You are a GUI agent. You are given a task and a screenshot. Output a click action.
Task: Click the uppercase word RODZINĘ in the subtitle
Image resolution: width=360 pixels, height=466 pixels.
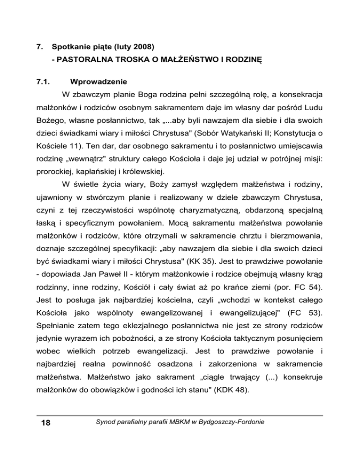[242, 60]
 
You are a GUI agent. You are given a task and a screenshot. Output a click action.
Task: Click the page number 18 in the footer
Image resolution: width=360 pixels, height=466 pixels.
[45, 425]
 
